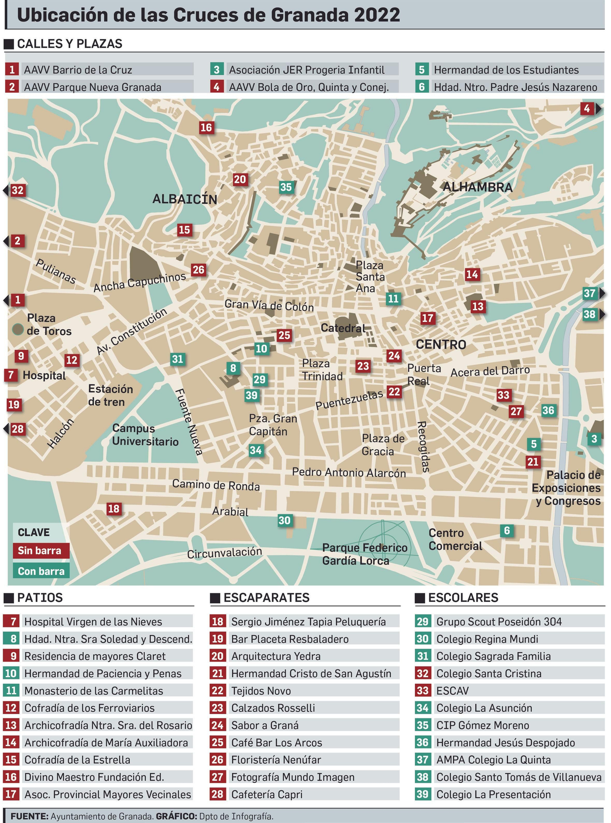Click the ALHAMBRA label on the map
(477, 187)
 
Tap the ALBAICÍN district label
(184, 199)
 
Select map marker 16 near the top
(206, 127)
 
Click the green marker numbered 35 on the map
(286, 187)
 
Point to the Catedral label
(343, 328)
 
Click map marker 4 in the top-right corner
(587, 109)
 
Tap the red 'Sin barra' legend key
(40, 550)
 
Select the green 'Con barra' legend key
(40, 571)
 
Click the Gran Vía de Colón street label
(269, 306)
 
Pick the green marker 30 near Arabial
(284, 520)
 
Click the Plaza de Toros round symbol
(18, 329)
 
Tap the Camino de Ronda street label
(216, 485)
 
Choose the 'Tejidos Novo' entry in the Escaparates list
(261, 691)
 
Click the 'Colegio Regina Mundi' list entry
(487, 639)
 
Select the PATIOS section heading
(40, 597)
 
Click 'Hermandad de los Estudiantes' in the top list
(506, 70)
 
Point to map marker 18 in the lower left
(113, 508)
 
